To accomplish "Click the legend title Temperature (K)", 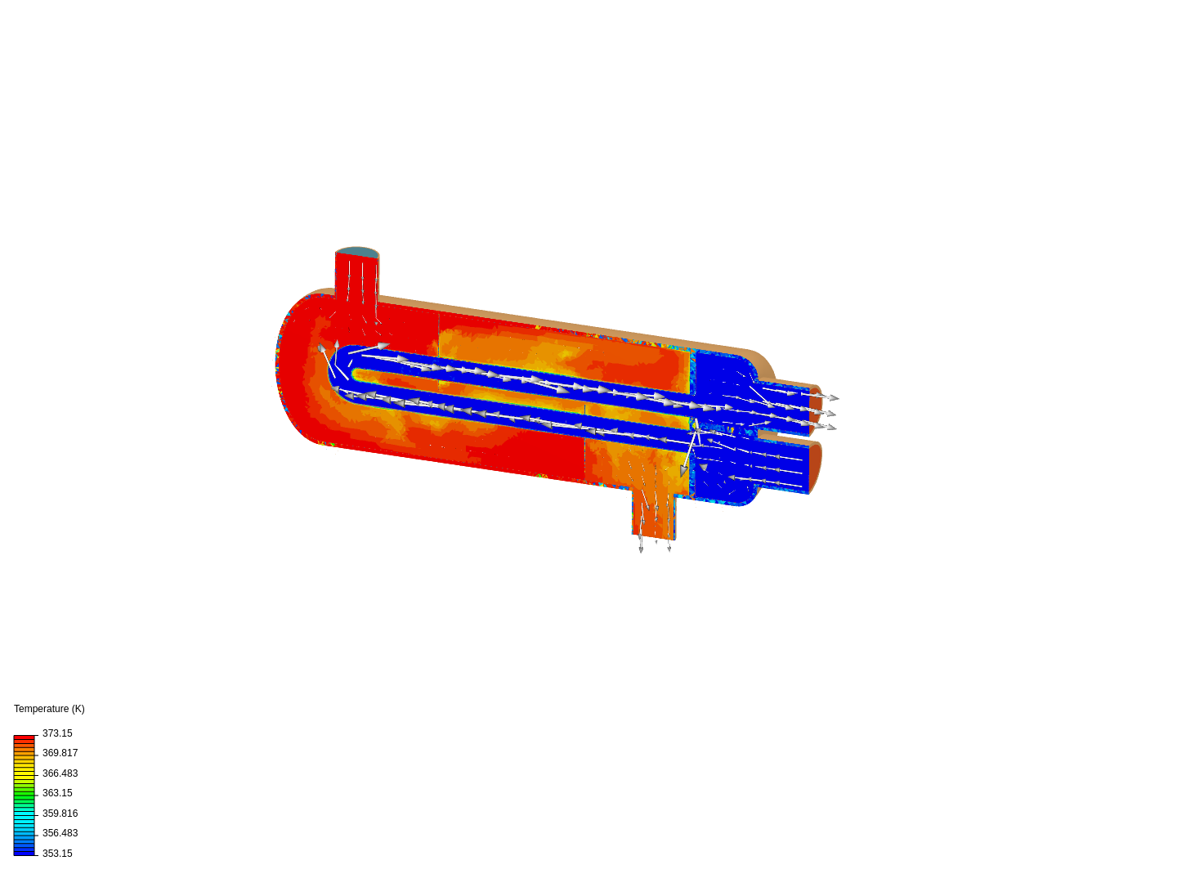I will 49,709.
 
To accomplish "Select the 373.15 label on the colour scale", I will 57,733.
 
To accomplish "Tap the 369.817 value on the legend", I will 60,753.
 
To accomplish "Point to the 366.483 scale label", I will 60,773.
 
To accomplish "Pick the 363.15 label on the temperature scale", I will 57,793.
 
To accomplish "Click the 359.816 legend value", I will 60,814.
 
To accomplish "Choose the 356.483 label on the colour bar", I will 60,833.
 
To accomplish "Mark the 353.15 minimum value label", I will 57,854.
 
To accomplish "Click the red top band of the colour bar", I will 24,738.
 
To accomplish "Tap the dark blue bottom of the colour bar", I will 24,851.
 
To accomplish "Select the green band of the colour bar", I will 24,793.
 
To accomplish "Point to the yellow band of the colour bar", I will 24,773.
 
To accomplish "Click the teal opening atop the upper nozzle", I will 357,253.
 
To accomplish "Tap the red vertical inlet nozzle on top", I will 357,282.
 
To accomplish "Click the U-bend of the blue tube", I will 337,372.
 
